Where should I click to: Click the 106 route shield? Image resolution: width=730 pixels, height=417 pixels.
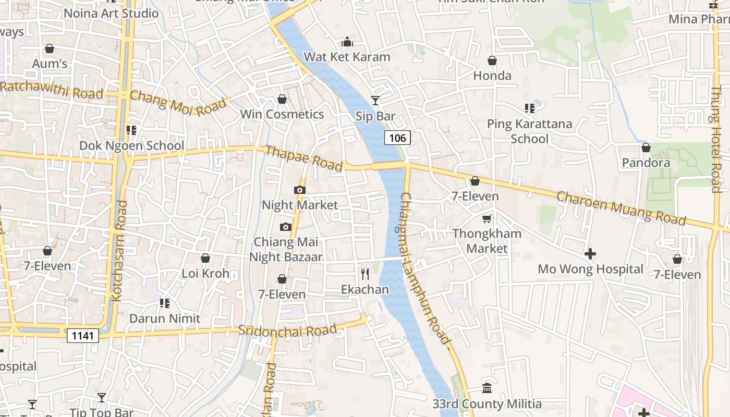(x=397, y=138)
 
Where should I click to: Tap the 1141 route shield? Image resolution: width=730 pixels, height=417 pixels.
(x=83, y=335)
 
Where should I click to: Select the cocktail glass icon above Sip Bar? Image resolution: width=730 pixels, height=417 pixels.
(x=375, y=101)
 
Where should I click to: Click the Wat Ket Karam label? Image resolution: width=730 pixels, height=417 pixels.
(x=347, y=57)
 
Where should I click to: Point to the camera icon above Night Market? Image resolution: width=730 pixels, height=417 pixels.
(x=299, y=190)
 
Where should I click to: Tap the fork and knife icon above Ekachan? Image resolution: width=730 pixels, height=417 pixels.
(x=365, y=274)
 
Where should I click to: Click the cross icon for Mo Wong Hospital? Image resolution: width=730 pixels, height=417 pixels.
(x=590, y=254)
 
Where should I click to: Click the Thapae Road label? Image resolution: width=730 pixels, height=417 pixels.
(x=304, y=158)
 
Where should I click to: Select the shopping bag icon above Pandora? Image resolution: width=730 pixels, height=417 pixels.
(x=646, y=148)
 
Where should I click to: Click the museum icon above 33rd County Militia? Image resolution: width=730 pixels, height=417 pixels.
(x=487, y=388)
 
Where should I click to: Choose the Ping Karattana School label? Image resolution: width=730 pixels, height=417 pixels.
(x=529, y=131)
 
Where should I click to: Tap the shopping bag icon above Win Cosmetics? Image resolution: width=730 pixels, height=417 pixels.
(x=282, y=99)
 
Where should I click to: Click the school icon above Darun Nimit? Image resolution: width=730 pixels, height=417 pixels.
(x=165, y=303)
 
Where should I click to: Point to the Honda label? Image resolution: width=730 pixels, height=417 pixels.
(x=492, y=76)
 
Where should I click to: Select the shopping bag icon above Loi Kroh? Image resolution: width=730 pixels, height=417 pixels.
(x=205, y=258)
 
